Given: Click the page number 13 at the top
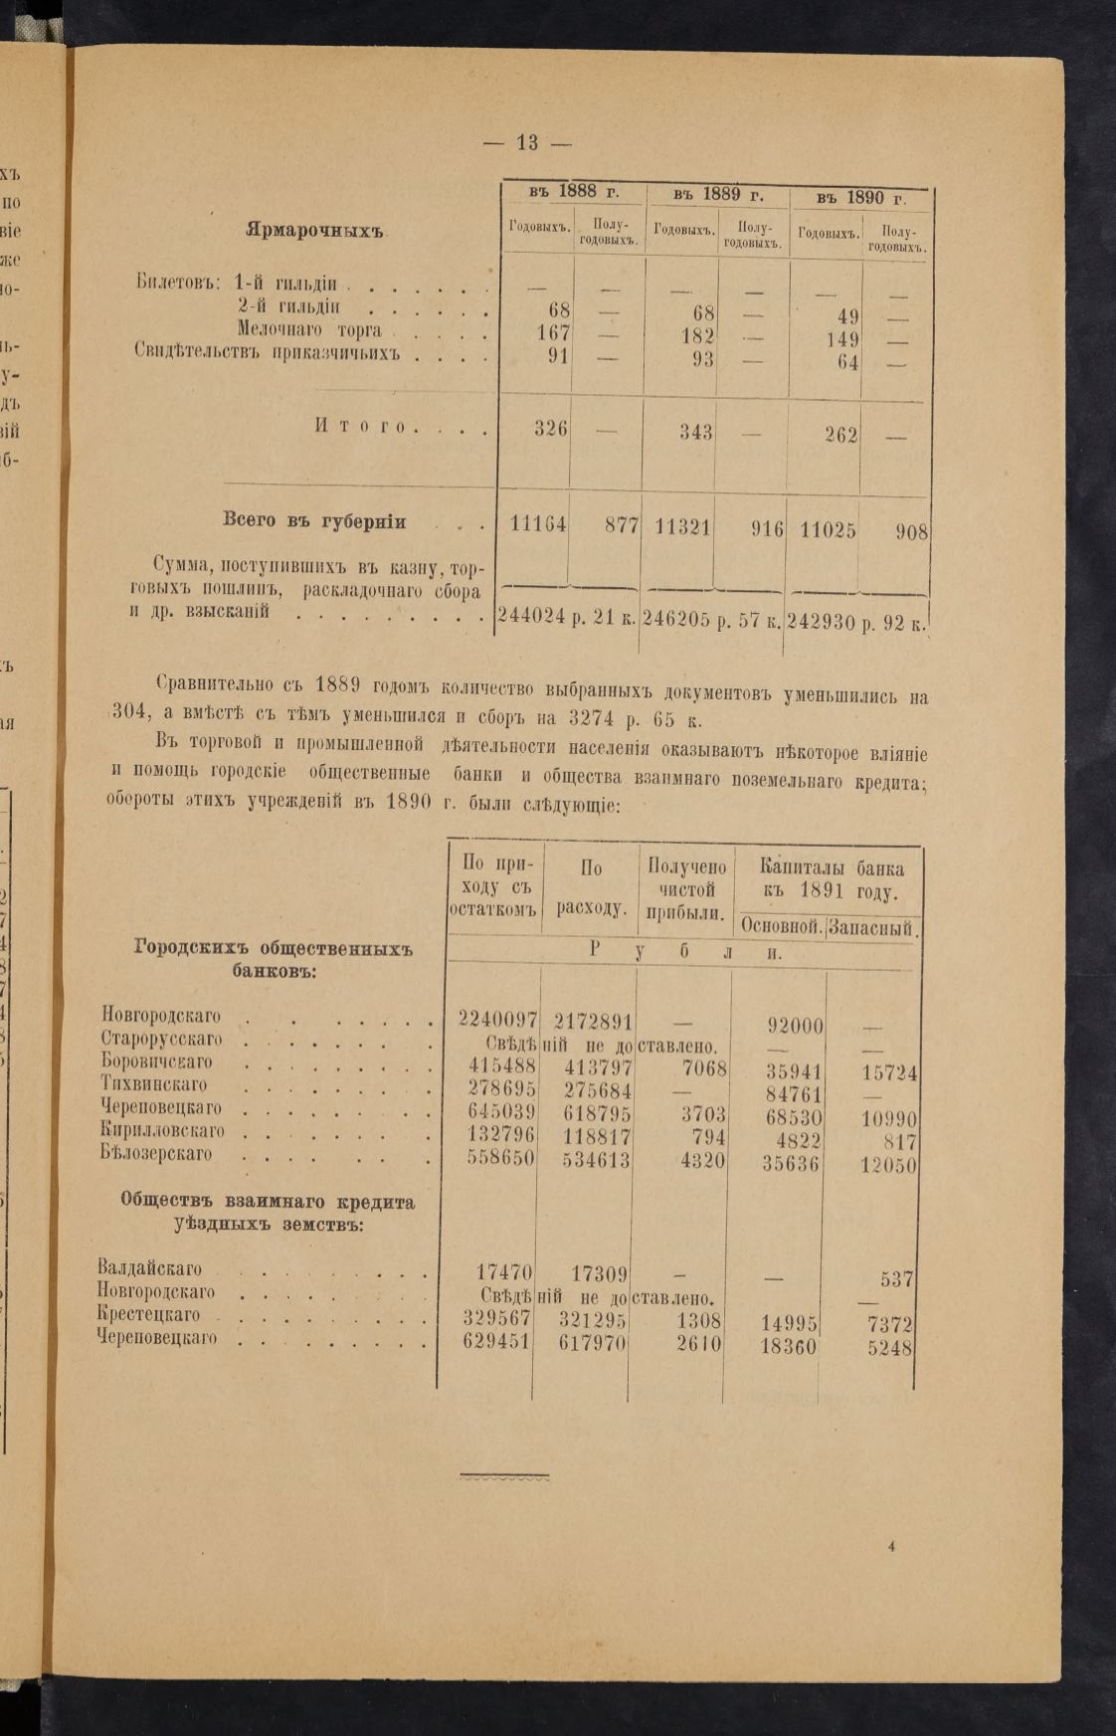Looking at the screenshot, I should tap(527, 142).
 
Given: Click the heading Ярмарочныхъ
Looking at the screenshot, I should tap(314, 231).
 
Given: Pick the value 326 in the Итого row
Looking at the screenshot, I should tap(550, 429).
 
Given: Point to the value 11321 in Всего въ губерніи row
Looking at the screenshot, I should tap(682, 526).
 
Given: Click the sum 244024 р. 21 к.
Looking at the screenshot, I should tap(566, 618).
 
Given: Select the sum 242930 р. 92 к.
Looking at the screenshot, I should tap(856, 622).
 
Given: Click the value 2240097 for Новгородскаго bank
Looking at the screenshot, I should tap(497, 1019).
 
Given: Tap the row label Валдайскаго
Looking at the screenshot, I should tap(150, 1268).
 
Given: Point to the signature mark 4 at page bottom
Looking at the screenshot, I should tap(892, 1546).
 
